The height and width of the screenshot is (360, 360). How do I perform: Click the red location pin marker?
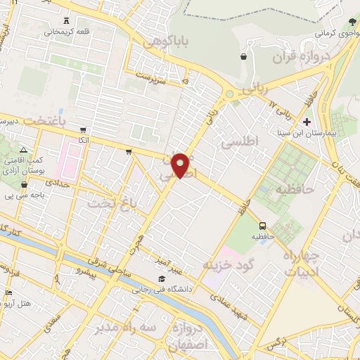[181, 165]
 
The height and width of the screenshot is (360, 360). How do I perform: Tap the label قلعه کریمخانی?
[67, 32]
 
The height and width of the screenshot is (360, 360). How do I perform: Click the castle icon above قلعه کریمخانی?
[67, 21]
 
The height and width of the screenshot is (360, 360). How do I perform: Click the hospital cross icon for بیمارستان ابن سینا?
[307, 122]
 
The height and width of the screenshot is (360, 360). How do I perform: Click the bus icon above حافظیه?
[262, 226]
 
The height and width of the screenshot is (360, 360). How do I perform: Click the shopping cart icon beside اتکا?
[84, 130]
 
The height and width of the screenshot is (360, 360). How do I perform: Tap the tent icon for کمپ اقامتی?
[24, 150]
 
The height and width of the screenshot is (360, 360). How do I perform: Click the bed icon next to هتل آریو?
[8, 292]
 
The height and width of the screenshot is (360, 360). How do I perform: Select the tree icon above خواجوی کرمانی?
[352, 22]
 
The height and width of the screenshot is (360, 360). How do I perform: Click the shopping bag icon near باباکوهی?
[243, 56]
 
